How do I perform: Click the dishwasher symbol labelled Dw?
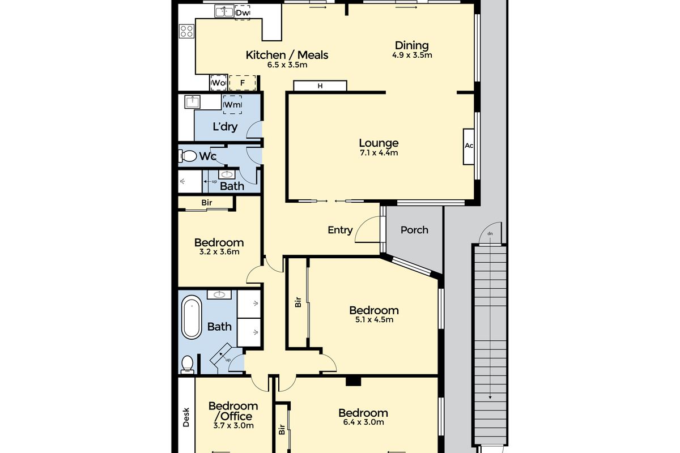click(243, 13)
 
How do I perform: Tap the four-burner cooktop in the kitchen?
click(186, 31)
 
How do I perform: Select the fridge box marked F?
click(243, 83)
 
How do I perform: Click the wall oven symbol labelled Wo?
click(219, 83)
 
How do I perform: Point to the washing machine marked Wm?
click(232, 105)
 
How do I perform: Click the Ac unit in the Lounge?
click(469, 147)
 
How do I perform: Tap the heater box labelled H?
click(320, 86)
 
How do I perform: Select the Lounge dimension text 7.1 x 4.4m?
click(379, 153)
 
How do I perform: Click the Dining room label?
click(411, 45)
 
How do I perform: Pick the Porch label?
click(414, 230)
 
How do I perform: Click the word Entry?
click(340, 230)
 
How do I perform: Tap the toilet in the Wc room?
click(188, 156)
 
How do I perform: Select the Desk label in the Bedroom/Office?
click(186, 417)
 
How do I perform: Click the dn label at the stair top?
click(490, 234)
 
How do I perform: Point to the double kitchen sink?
click(224, 11)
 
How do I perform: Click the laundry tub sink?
click(193, 102)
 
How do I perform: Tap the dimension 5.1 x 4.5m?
click(374, 319)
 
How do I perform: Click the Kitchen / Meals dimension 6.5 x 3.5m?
click(287, 65)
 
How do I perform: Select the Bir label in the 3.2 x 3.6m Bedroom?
click(207, 202)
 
